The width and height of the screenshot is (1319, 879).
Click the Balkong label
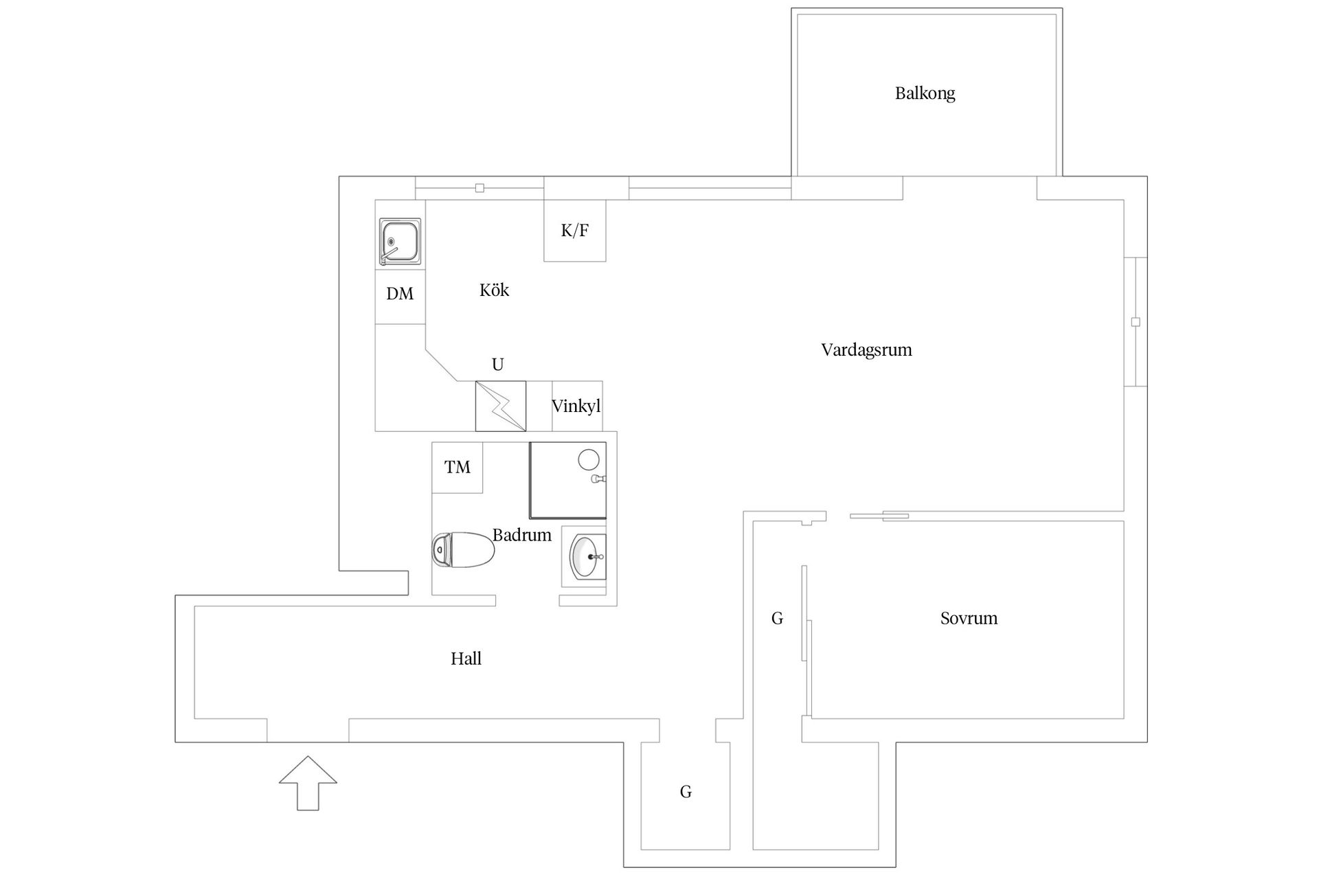925,93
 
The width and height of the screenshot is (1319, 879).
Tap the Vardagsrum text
866,350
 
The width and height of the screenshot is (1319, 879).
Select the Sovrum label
969,618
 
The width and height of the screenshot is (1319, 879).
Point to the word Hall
466,659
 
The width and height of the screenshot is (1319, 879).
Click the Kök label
494,290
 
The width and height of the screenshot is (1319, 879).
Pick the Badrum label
521,535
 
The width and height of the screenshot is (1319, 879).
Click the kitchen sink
400,242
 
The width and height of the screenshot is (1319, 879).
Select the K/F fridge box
575,231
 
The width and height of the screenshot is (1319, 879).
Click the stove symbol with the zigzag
501,407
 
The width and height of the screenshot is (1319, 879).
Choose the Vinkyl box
577,407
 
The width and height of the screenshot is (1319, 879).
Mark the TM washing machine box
457,468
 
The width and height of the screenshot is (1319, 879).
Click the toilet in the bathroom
463,550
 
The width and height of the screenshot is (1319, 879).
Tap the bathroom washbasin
585,557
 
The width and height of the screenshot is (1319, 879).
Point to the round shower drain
589,459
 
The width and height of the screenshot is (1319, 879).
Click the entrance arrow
308,783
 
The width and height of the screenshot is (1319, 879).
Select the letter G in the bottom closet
686,792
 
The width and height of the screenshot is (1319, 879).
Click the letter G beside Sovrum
777,619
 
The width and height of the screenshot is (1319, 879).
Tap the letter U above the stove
498,365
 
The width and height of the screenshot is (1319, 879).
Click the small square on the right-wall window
1136,322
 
